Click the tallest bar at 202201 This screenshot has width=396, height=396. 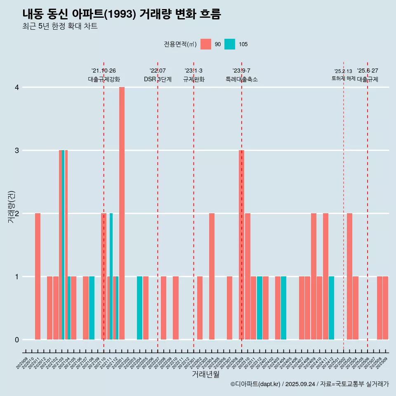coord(122,213)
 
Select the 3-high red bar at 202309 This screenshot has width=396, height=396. coord(241,245)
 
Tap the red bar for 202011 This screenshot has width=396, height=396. coord(38,276)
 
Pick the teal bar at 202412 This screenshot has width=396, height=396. coord(331,308)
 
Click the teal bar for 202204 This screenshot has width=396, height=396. coord(139,308)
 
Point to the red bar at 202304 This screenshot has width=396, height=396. coord(212,276)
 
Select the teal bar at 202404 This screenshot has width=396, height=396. coord(283,308)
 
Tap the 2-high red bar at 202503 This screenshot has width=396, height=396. coord(349,276)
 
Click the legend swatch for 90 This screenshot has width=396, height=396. coord(205,44)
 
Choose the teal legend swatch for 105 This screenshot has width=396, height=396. coord(230,44)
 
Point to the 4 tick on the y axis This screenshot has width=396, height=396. coord(17,87)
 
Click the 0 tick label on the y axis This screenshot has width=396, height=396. coord(17,339)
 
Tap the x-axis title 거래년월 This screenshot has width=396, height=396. coord(205,374)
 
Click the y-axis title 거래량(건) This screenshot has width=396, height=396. coord(11,206)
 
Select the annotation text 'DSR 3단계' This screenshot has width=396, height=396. coord(158,79)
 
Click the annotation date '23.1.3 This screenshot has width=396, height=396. coord(193,71)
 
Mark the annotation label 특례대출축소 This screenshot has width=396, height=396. coord(241,79)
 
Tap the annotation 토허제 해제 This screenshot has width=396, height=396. coord(343,78)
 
